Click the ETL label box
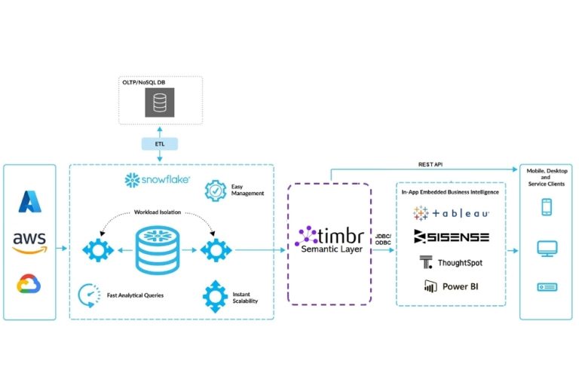coord(159,143)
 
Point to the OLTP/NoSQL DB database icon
coord(159,102)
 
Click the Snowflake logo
coord(157,181)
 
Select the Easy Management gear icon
coord(216,190)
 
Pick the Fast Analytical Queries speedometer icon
coord(88,294)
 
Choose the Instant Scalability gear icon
coord(216,295)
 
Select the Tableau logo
coord(452,212)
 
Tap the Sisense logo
coord(452,237)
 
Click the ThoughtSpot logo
coord(451,262)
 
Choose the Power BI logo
coord(451,286)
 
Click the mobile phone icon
coord(546,207)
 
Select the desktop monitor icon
coord(546,248)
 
